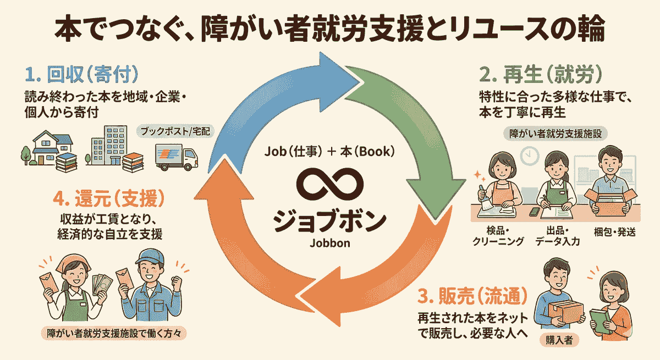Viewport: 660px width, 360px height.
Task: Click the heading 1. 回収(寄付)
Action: tap(81, 74)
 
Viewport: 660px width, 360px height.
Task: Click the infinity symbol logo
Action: tap(329, 186)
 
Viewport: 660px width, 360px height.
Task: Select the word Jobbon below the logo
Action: tap(329, 242)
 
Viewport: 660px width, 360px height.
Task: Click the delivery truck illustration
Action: tap(175, 157)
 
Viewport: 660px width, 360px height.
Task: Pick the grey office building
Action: tap(107, 144)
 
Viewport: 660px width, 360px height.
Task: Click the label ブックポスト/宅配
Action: tap(175, 132)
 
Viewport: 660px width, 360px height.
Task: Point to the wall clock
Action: tap(529, 156)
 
